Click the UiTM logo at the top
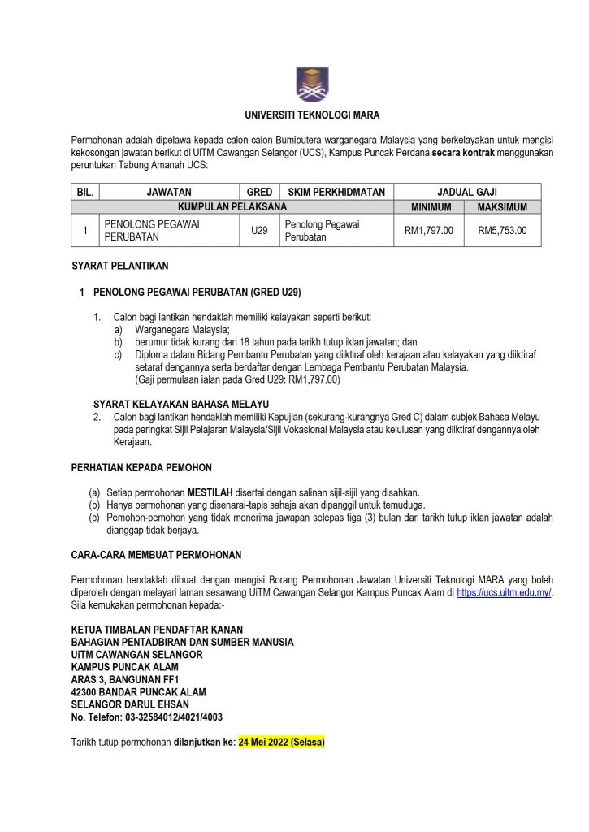click(x=313, y=84)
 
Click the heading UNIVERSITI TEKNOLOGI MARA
click(x=313, y=115)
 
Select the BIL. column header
click(x=84, y=192)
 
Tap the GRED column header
click(x=259, y=192)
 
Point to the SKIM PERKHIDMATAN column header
click(x=336, y=192)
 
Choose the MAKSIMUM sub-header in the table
click(x=502, y=207)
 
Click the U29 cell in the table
click(x=259, y=231)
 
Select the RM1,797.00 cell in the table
click(x=429, y=231)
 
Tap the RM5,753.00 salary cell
click(x=502, y=231)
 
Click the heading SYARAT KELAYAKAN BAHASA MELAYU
click(x=181, y=404)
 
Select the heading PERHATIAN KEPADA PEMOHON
click(x=141, y=467)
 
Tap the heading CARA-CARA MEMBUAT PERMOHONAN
click(x=156, y=555)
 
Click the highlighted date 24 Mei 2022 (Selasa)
click(x=281, y=742)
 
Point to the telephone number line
click(x=146, y=717)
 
